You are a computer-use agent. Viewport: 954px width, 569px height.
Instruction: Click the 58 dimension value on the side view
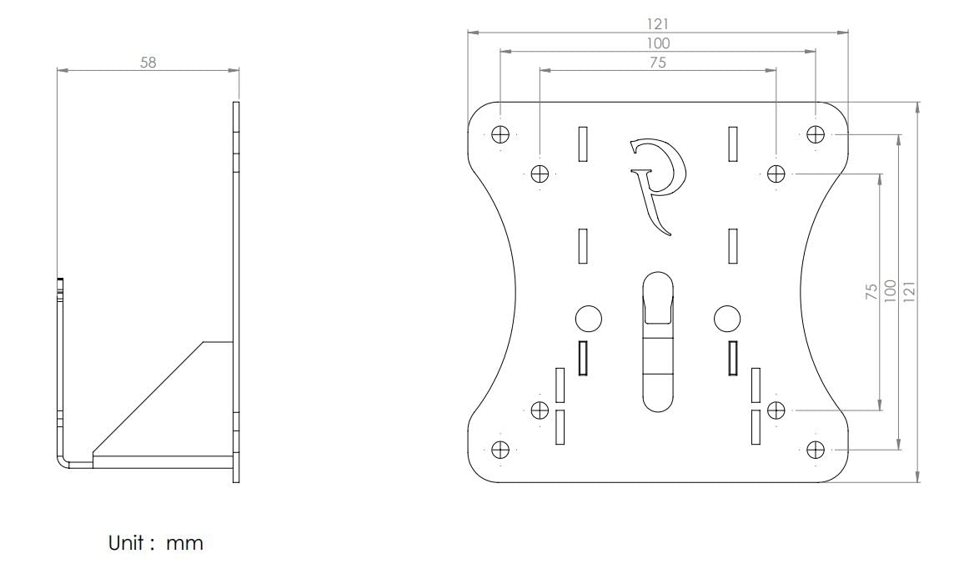click(148, 62)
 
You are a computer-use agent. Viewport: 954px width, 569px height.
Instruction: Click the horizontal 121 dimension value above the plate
click(658, 23)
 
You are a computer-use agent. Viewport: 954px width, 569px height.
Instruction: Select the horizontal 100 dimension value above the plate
click(658, 43)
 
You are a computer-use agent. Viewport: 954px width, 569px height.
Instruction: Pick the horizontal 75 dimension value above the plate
click(658, 62)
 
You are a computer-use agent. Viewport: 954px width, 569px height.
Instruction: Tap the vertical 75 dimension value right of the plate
click(872, 291)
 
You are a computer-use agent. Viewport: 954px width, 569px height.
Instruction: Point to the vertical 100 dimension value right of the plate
click(890, 291)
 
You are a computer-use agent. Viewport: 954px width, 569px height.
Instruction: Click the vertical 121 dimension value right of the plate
click(909, 291)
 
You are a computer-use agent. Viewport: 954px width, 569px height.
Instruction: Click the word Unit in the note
click(126, 543)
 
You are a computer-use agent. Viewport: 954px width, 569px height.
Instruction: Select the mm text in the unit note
click(184, 544)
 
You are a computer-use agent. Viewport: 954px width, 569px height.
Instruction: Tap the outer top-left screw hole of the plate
click(500, 133)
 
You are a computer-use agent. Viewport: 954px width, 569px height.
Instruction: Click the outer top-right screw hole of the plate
click(816, 133)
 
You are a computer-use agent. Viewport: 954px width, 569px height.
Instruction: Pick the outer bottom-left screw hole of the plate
click(500, 450)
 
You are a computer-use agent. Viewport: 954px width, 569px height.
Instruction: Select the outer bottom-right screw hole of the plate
click(816, 450)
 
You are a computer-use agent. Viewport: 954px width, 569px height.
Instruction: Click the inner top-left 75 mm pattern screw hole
click(540, 174)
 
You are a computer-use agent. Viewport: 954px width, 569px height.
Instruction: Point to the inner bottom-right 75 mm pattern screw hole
click(776, 410)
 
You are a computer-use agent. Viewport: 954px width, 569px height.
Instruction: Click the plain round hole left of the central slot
click(589, 318)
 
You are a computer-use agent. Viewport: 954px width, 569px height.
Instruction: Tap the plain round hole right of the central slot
click(727, 318)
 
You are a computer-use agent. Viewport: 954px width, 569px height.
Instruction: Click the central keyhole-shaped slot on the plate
click(658, 341)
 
